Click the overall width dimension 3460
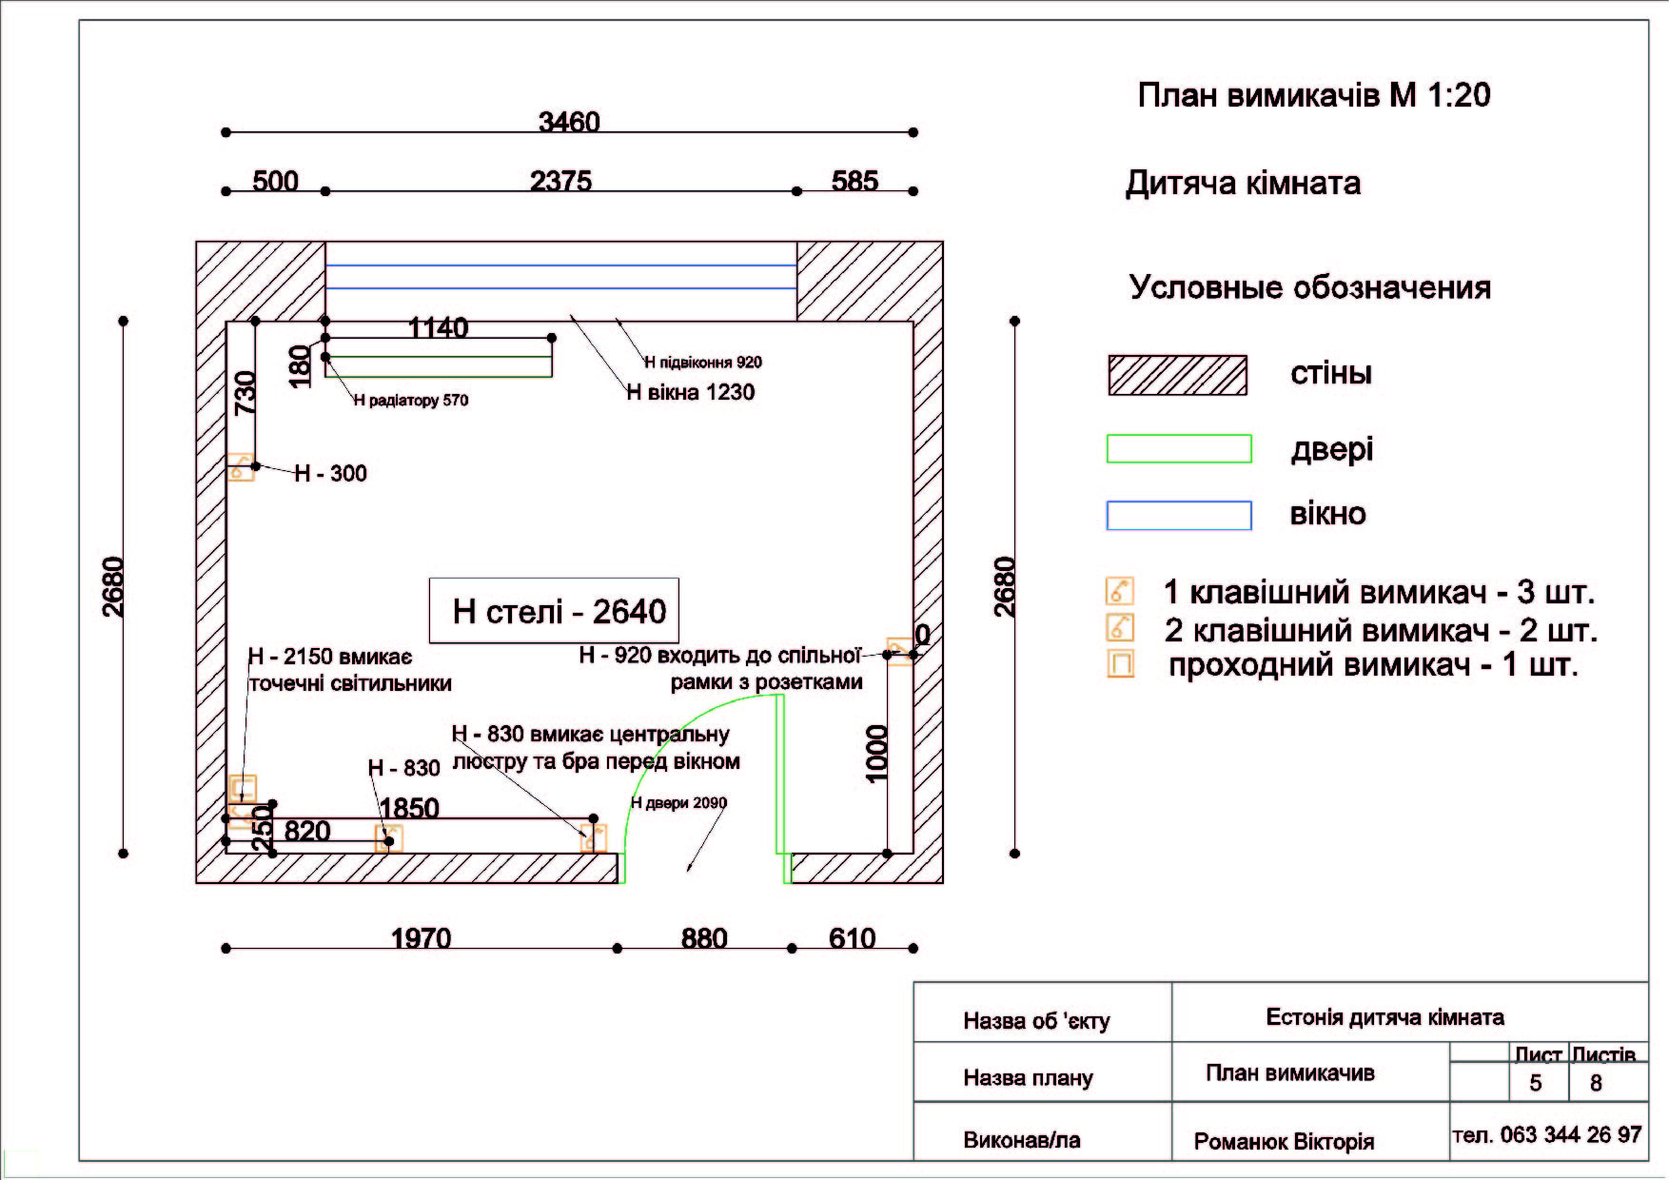[x=569, y=122]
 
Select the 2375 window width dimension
[x=560, y=181]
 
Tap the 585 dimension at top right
[x=854, y=181]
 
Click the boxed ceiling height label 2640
[x=560, y=611]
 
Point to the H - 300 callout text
[x=330, y=473]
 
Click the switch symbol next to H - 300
[x=241, y=467]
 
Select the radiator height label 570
[x=411, y=401]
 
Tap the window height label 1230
[x=690, y=392]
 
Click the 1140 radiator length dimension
[x=438, y=327]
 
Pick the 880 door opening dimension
[x=704, y=938]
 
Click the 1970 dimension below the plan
[x=421, y=938]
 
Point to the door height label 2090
[x=678, y=803]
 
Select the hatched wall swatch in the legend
[x=1177, y=375]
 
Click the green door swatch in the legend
[x=1179, y=449]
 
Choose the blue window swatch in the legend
[x=1179, y=515]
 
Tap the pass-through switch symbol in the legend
[x=1121, y=663]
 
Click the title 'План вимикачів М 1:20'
[x=1314, y=95]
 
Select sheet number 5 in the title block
[x=1535, y=1083]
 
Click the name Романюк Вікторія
[x=1284, y=1141]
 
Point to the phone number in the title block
[x=1547, y=1134]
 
